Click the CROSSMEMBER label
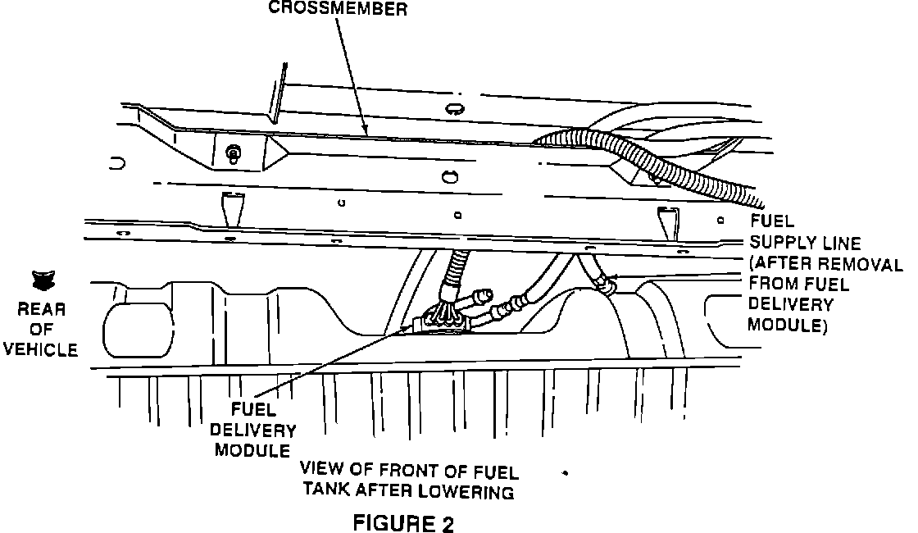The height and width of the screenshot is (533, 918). point(339,9)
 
